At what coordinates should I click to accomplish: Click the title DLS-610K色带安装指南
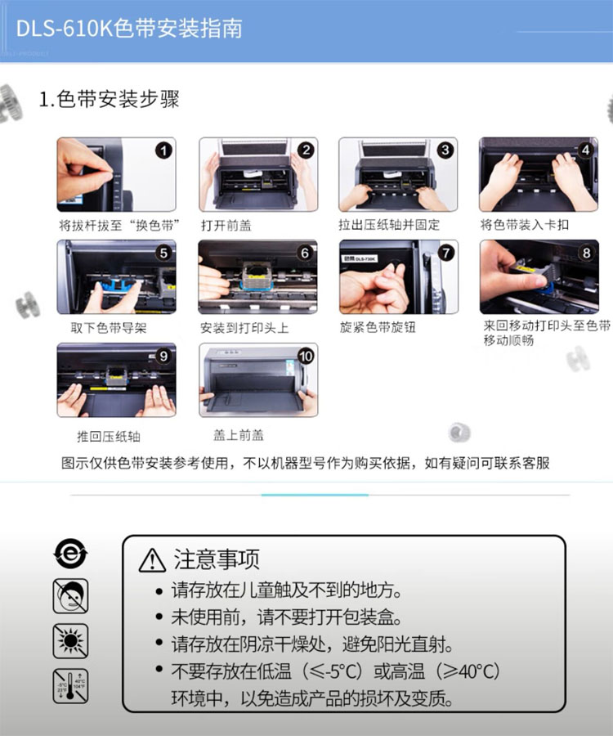click(129, 29)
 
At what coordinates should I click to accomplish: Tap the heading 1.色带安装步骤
click(109, 99)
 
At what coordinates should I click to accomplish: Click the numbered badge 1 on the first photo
click(163, 150)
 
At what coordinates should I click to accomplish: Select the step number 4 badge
click(585, 150)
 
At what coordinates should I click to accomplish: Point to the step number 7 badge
click(445, 253)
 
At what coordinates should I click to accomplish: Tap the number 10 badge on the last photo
click(306, 357)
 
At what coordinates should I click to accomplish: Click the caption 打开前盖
click(226, 226)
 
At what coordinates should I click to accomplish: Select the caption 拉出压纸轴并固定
click(389, 225)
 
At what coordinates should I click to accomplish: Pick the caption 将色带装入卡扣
click(525, 225)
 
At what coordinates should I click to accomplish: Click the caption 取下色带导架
click(109, 328)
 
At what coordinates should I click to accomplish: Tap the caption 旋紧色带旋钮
click(378, 327)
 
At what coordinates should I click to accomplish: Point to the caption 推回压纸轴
click(109, 437)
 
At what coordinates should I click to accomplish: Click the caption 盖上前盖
click(239, 435)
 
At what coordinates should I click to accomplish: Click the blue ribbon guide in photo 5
click(115, 285)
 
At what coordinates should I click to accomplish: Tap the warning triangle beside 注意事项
click(152, 560)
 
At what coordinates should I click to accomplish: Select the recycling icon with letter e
click(70, 554)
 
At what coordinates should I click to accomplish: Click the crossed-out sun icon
click(70, 640)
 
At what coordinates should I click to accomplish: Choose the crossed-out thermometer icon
click(70, 686)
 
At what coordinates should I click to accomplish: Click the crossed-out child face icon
click(70, 596)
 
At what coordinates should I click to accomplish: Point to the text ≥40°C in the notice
click(472, 671)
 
